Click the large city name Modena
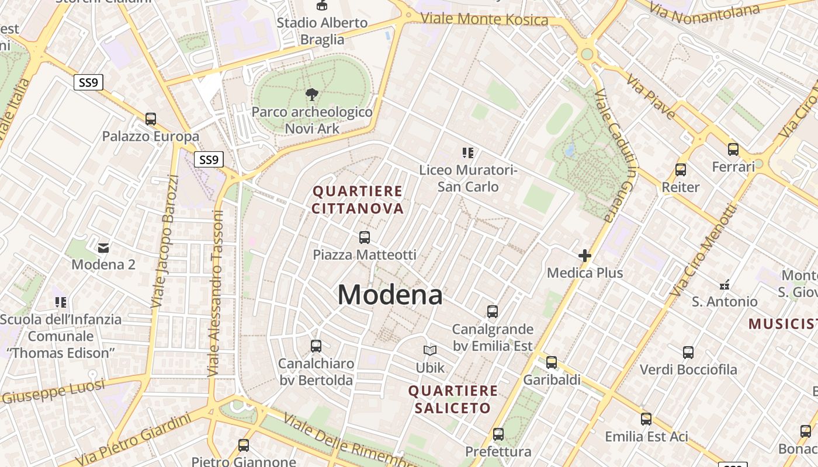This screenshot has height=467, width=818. pyautogui.click(x=390, y=295)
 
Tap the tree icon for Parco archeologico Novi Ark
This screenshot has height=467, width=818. pyautogui.click(x=312, y=94)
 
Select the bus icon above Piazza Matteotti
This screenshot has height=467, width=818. pyautogui.click(x=365, y=238)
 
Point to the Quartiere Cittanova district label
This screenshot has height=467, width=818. pyautogui.click(x=358, y=200)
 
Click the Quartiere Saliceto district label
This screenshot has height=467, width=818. pyautogui.click(x=453, y=399)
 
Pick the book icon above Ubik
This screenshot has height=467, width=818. pyautogui.click(x=430, y=350)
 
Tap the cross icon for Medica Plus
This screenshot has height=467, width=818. pyautogui.click(x=584, y=256)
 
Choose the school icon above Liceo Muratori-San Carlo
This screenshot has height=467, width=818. pyautogui.click(x=467, y=153)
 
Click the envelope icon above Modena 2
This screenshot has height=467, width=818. pyautogui.click(x=103, y=248)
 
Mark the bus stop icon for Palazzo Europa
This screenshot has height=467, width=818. pyautogui.click(x=151, y=119)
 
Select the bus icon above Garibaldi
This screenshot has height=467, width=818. pyautogui.click(x=552, y=363)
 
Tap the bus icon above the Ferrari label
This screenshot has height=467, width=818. pyautogui.click(x=733, y=149)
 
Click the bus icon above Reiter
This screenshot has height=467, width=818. pyautogui.click(x=680, y=170)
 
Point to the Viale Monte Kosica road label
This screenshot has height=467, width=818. pyautogui.click(x=484, y=19)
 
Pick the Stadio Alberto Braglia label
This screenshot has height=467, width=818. pyautogui.click(x=322, y=31)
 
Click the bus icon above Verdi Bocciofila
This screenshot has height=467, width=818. pyautogui.click(x=688, y=353)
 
